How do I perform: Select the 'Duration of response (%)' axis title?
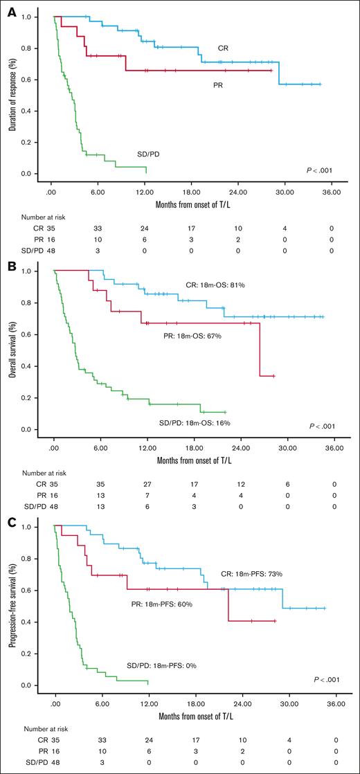coord(12,94)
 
